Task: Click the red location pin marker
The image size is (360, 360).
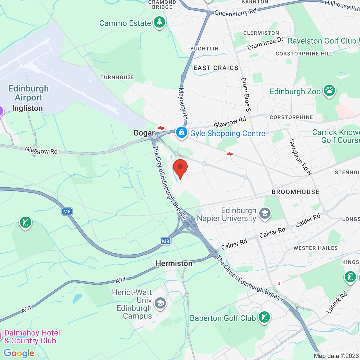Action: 180,168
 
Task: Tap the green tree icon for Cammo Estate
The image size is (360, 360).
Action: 159,22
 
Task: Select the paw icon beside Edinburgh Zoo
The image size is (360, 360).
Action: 329,91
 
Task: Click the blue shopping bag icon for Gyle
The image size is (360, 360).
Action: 181,132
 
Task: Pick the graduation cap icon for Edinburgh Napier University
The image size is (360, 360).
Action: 265,214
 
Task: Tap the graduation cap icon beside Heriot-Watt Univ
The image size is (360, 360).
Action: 160,303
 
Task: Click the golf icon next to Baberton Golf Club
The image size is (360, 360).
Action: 264,317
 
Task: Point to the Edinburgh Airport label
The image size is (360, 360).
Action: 28,93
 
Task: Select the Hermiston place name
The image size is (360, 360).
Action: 174,263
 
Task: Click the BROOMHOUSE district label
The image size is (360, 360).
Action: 295,192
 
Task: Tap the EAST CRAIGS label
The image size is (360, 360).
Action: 216,68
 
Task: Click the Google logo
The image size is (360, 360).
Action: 19,353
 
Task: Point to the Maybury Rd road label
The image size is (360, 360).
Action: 183,103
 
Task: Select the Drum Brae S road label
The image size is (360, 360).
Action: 246,94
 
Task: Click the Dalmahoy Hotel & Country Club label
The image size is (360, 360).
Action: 32,337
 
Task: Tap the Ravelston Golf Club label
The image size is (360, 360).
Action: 322,41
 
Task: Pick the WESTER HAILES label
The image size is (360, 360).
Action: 316,248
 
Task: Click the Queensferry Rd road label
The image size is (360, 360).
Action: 236,12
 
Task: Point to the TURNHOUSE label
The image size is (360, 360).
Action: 117,77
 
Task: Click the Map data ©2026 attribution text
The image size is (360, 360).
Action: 336,356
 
